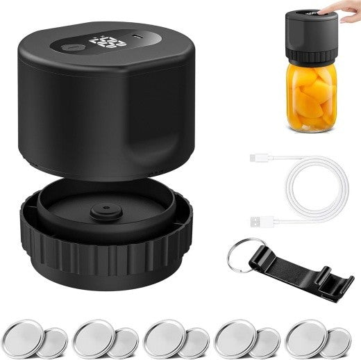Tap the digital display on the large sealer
(107, 42)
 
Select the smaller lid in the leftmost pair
(53, 343)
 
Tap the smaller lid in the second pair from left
(124, 343)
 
